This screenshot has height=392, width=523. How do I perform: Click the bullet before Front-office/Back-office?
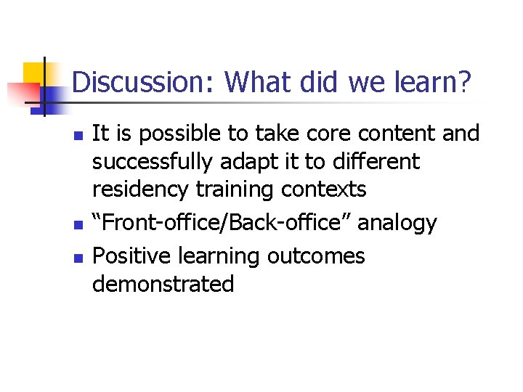click(79, 224)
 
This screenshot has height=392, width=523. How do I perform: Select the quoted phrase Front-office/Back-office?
click(220, 223)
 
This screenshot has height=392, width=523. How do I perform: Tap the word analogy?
click(397, 224)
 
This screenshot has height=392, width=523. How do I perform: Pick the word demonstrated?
click(163, 284)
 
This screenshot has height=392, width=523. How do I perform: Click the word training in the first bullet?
click(232, 189)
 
